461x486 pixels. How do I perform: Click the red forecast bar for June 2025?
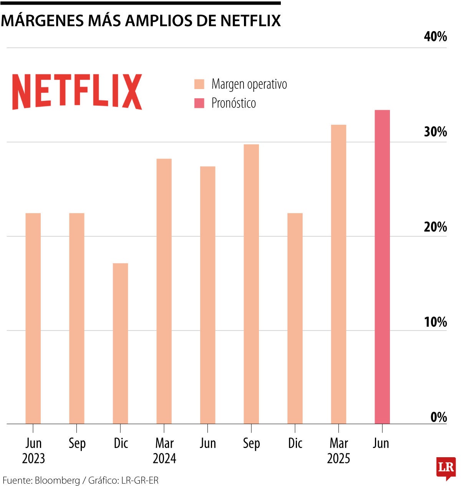coord(382,267)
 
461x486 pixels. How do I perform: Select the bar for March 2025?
coord(338,274)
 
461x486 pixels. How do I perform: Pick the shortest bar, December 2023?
coord(120,343)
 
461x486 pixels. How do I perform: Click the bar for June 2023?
coord(33,318)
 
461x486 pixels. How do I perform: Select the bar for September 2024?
coord(251,284)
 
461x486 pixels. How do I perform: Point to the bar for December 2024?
coord(295,318)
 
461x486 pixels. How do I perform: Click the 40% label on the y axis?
coord(435,36)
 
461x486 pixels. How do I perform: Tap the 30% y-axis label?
coord(435,132)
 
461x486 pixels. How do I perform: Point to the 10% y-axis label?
coord(435,322)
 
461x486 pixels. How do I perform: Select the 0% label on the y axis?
coord(438,417)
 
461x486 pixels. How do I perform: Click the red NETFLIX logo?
coord(77,92)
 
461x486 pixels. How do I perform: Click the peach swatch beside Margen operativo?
coord(199,84)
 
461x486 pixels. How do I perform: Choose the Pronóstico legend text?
coord(234,103)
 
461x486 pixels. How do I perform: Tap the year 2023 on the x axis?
coord(33,458)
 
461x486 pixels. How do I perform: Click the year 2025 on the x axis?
coord(338,458)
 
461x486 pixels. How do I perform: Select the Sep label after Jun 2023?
coord(77,443)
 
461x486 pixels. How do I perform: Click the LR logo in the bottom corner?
coord(446,468)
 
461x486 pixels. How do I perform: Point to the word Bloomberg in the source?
coord(57,480)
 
